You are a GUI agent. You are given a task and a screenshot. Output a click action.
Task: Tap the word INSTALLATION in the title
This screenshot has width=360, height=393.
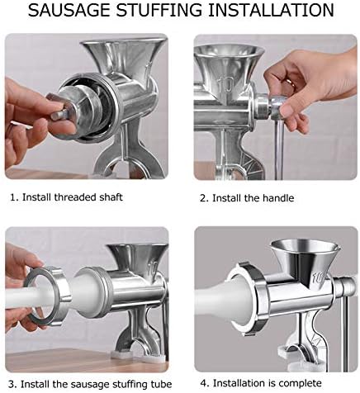pos(271,10)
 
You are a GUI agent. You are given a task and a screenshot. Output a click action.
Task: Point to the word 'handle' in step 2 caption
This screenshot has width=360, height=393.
pos(278,198)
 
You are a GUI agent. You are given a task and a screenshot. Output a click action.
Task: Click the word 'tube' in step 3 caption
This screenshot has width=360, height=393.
pos(161,384)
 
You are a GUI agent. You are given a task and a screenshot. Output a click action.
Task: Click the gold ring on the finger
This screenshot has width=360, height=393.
pos(290,83)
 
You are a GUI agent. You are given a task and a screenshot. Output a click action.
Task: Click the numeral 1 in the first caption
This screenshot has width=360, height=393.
pos(13,197)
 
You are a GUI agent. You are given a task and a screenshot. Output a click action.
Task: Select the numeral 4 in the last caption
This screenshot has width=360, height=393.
pos(203,383)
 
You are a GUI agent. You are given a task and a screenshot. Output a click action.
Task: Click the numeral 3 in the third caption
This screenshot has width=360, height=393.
pos(12,384)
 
